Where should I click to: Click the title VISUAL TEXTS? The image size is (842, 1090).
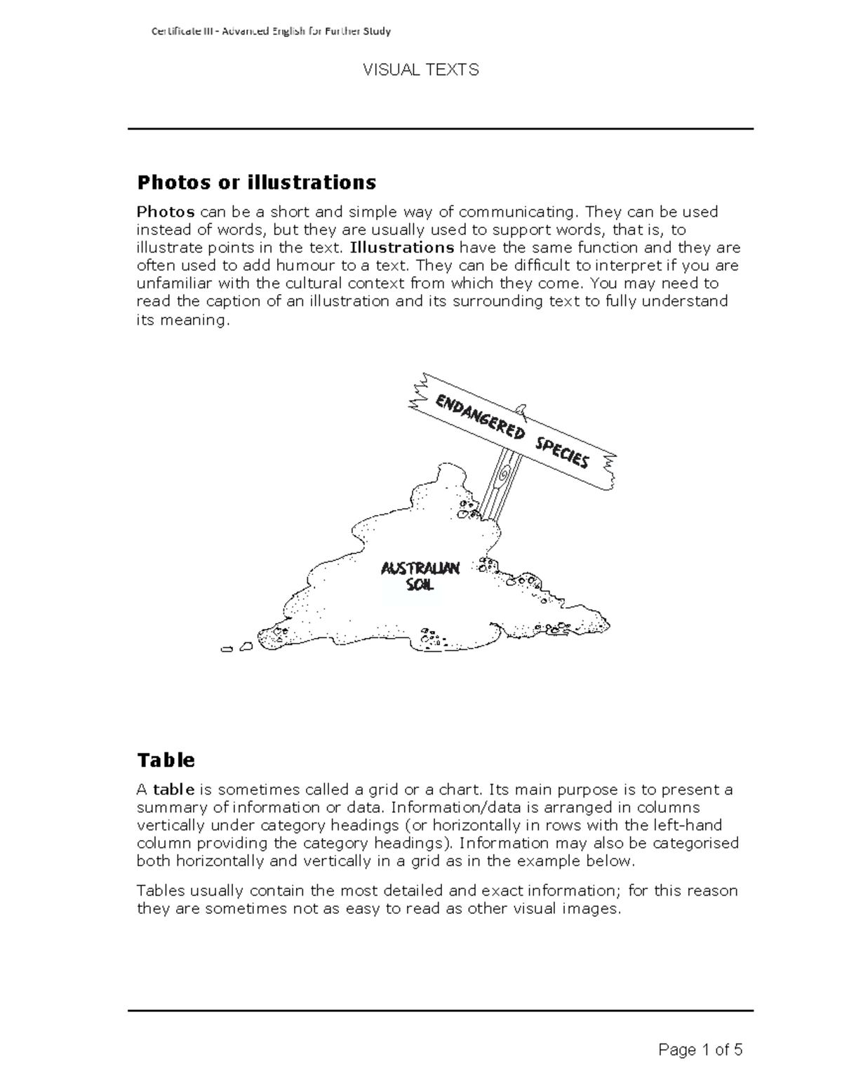click(420, 70)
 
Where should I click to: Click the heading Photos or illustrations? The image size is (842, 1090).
click(256, 182)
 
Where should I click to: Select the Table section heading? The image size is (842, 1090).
click(166, 760)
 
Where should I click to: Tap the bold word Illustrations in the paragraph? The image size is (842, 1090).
click(402, 248)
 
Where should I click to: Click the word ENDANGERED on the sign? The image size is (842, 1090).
click(480, 418)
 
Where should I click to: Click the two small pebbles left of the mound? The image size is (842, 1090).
click(236, 648)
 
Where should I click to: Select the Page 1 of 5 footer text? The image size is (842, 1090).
click(700, 1050)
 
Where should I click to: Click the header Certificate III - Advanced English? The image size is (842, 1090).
click(271, 31)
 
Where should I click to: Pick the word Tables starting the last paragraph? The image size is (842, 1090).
click(160, 891)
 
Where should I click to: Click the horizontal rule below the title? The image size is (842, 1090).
click(440, 129)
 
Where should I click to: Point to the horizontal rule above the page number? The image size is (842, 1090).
click(440, 1011)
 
